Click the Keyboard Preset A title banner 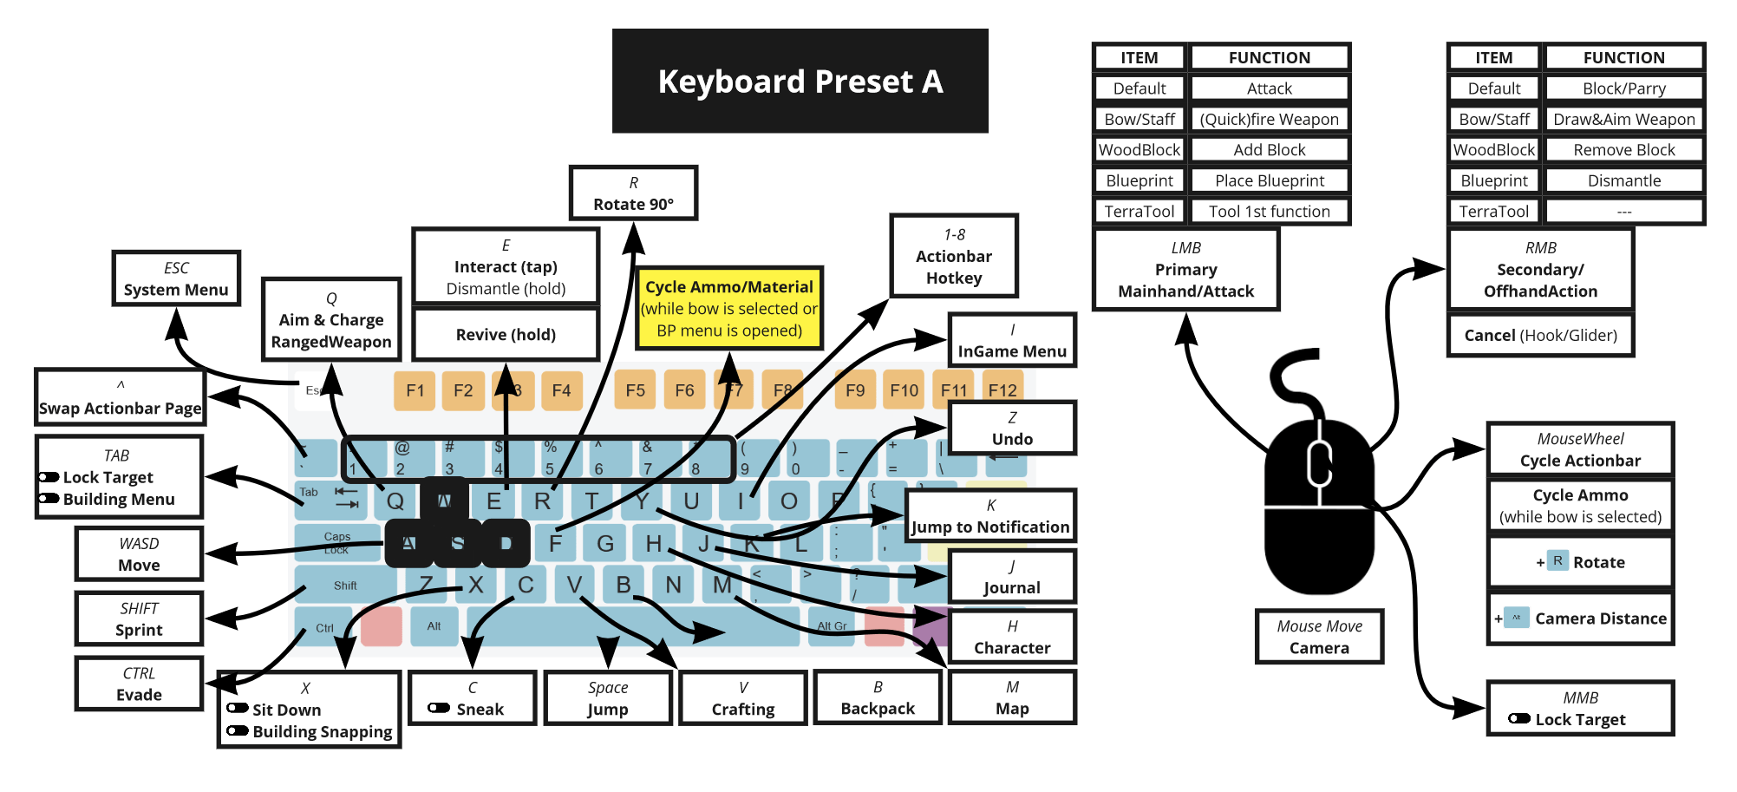point(800,81)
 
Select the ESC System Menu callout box point(176,278)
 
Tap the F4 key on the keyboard point(561,390)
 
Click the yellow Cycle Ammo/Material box point(728,308)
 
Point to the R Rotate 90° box point(633,193)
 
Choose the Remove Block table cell point(1623,150)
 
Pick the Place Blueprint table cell point(1269,180)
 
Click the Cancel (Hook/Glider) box point(1540,335)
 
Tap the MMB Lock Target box point(1580,709)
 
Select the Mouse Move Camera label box point(1319,637)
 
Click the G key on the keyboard point(604,544)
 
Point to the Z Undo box point(1011,428)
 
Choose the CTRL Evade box point(139,684)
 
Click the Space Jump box point(608,698)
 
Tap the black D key point(506,544)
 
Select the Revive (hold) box point(506,335)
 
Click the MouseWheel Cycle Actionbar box point(1580,449)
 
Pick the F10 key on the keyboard point(904,390)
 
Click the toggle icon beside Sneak point(439,709)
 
